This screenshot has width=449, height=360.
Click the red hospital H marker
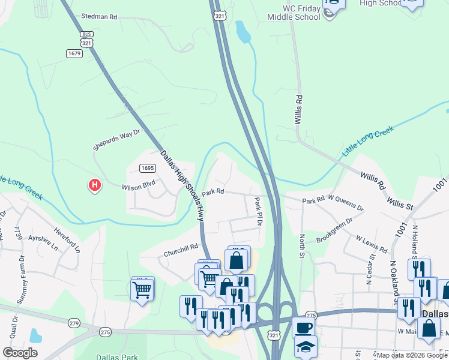click(x=94, y=185)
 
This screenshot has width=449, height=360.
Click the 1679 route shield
click(x=74, y=53)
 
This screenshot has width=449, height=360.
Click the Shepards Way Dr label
click(x=116, y=140)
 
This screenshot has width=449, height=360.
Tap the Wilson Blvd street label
click(x=139, y=187)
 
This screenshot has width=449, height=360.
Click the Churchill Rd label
click(x=181, y=250)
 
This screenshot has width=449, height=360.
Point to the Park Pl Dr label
click(x=258, y=212)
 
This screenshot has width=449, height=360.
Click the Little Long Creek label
click(x=368, y=141)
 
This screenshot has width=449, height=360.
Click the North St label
click(x=303, y=247)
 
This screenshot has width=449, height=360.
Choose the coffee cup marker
click(x=303, y=327)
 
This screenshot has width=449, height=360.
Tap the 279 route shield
click(x=73, y=322)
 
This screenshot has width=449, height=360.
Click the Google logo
click(x=20, y=353)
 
